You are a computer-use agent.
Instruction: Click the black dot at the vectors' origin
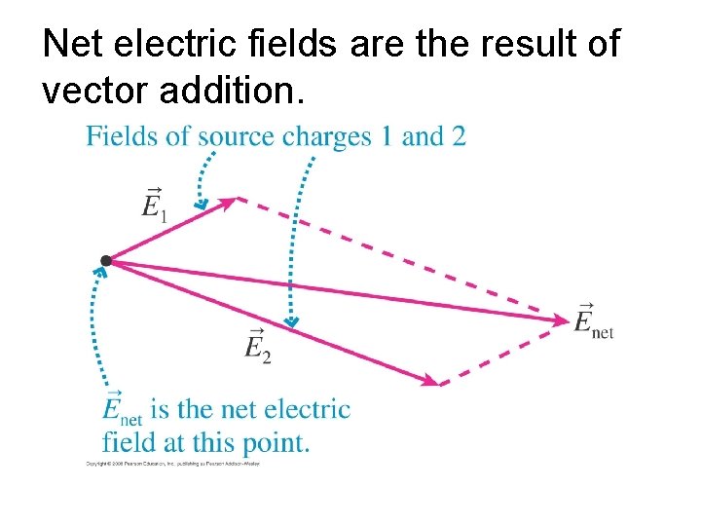105,260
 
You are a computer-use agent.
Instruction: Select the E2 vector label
257,345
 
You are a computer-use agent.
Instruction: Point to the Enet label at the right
593,320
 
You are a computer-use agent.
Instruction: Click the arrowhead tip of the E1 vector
235,200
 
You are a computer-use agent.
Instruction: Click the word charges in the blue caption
326,137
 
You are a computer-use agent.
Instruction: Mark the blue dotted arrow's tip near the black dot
101,274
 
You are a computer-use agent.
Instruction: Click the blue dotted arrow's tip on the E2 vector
290,322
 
